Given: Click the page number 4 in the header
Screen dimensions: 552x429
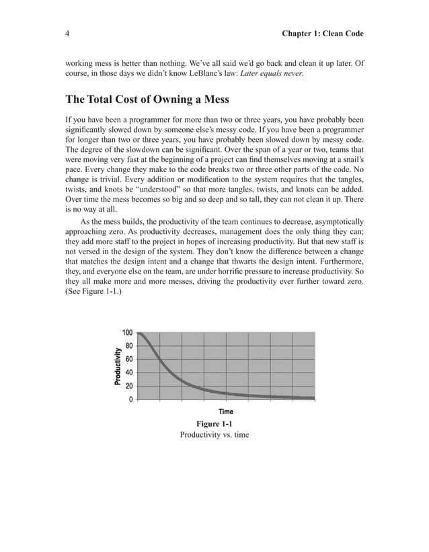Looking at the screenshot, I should pos(68,33).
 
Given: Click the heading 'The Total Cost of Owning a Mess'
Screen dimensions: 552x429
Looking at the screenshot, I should pos(147,100).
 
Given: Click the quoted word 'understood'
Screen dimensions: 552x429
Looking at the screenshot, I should pos(155,190).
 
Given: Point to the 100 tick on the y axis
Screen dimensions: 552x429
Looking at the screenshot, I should pos(128,332).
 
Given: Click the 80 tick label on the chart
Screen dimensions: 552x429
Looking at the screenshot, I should pos(129,346).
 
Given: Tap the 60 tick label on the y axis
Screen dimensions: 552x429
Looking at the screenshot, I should pos(129,359).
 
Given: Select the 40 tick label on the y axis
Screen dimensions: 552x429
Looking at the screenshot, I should pos(129,372).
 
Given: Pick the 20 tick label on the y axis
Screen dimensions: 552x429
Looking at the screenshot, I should pos(129,386).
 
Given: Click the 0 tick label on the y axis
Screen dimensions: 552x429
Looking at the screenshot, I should pos(131,399).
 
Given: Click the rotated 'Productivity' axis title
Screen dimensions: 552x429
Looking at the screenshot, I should pos(118,366).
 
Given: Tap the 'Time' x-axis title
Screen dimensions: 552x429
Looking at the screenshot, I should pos(226,411).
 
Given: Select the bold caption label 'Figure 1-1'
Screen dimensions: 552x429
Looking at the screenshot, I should pos(214,424).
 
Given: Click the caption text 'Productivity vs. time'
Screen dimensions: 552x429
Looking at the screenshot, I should pos(214,435).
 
